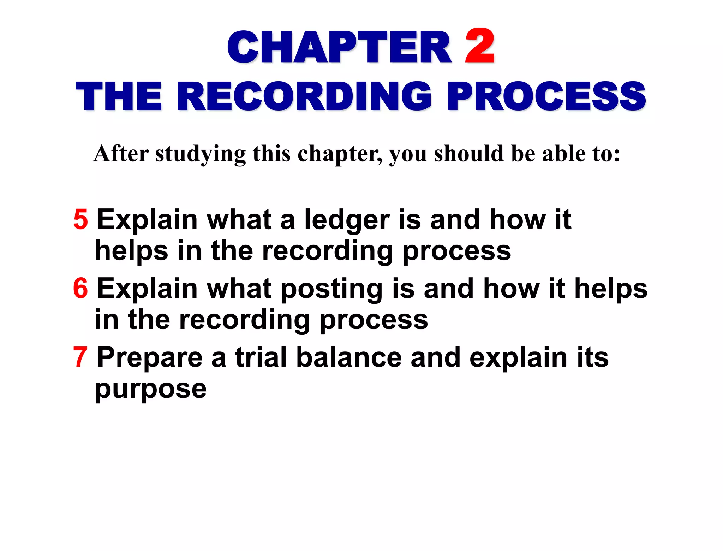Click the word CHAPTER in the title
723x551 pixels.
pyautogui.click(x=339, y=47)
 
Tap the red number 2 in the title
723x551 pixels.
pyautogui.click(x=480, y=46)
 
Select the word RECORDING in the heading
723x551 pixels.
pyautogui.click(x=304, y=96)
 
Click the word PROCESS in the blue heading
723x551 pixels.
pyautogui.click(x=546, y=96)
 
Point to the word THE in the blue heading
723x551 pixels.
pyautogui.click(x=119, y=96)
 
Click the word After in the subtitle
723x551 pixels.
pyautogui.click(x=121, y=154)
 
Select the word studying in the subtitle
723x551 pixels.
pyautogui.click(x=200, y=154)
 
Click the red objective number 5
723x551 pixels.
pyautogui.click(x=80, y=219)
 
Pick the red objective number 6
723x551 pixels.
pyautogui.click(x=80, y=288)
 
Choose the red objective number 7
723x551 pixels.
pyautogui.click(x=80, y=357)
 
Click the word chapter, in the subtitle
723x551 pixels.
pyautogui.click(x=340, y=154)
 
